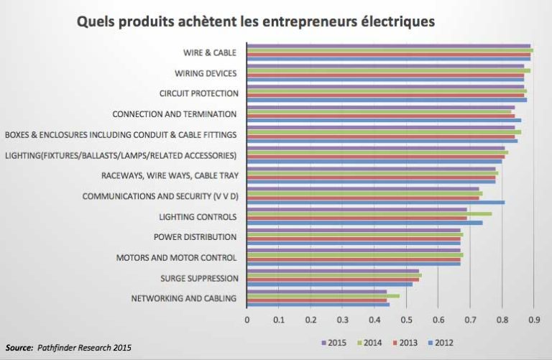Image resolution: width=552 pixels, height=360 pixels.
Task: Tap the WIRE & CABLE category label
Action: coord(211,52)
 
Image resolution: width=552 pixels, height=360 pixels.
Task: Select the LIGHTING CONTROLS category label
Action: coord(198,216)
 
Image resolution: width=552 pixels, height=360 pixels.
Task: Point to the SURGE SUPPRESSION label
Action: coord(198,278)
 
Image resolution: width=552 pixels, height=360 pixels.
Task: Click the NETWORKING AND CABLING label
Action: coord(184,298)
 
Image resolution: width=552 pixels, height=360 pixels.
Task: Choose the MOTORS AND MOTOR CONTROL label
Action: coord(176,257)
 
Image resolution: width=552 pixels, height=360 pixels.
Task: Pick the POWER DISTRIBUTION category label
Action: coord(195,237)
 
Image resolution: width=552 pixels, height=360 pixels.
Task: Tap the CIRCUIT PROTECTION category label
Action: coord(198,93)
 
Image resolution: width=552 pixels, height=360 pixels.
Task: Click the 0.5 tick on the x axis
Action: coord(406,319)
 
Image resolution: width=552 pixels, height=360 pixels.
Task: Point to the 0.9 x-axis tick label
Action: coord(533,319)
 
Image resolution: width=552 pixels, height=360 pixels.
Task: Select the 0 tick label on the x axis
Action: coord(247,319)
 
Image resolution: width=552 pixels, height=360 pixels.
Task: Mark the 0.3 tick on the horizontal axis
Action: coord(342,319)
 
